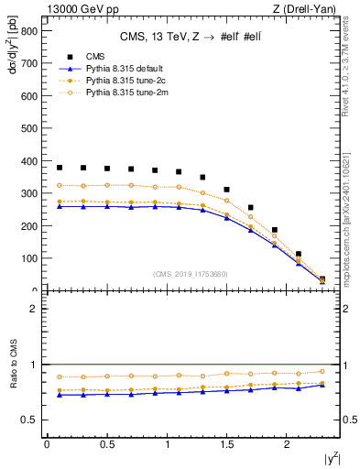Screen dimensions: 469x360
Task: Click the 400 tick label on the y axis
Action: [x=29, y=161]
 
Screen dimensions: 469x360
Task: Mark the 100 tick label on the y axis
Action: [x=29, y=258]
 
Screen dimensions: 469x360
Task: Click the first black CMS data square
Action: [x=60, y=168]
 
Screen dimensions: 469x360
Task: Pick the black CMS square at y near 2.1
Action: [x=299, y=254]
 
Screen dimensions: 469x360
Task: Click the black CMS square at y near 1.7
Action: [x=250, y=208]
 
